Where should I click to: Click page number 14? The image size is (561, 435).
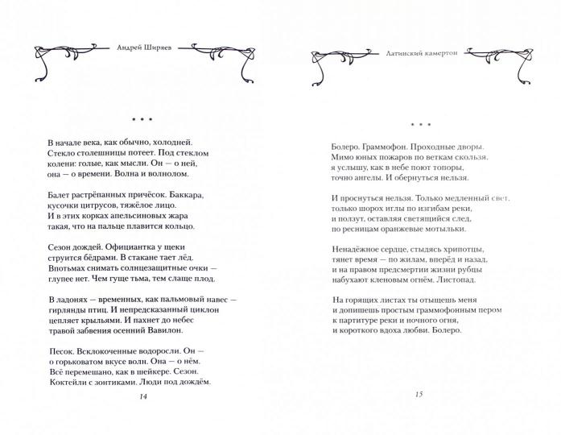(143, 396)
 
